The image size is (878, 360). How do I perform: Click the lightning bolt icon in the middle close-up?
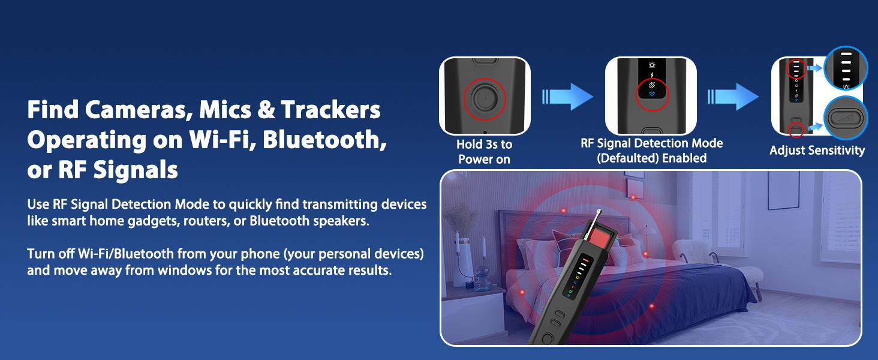coord(651,75)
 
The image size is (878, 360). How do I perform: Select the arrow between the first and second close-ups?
coord(567,97)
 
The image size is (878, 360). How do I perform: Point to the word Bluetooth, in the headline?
coord(324,140)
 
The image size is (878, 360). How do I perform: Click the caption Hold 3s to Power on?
coord(484,152)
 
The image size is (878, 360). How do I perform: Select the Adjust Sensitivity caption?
coord(817,151)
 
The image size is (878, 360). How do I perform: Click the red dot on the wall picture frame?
coord(633,197)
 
